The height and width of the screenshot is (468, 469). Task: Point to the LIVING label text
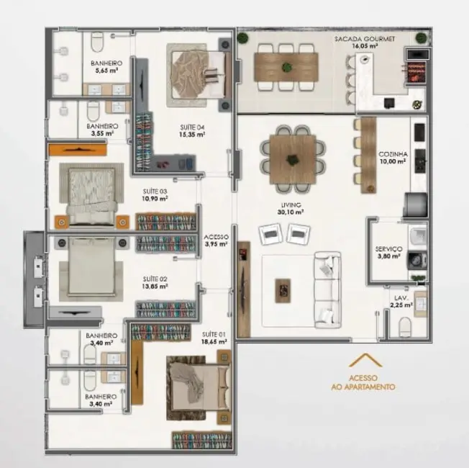coord(291,204)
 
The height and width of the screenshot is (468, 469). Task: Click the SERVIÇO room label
coord(388,249)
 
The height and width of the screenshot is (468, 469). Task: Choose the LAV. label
coord(401,297)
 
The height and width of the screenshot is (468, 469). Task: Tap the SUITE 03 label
coord(154,192)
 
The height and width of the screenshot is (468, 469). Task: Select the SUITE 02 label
coord(155,278)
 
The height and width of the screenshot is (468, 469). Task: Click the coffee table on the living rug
coord(285,289)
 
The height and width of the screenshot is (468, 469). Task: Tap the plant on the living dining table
coord(291,158)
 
